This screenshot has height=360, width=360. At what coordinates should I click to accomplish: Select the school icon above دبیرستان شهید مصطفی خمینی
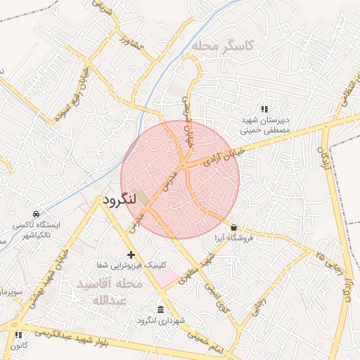(264, 109)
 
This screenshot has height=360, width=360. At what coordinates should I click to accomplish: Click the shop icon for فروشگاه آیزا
(233, 227)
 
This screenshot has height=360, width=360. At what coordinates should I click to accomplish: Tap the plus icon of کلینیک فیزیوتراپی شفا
(130, 254)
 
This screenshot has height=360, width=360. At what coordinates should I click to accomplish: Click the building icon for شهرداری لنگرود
(161, 310)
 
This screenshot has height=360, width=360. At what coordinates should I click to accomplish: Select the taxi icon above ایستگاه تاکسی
(36, 214)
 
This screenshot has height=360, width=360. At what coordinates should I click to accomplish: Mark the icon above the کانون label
(18, 335)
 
